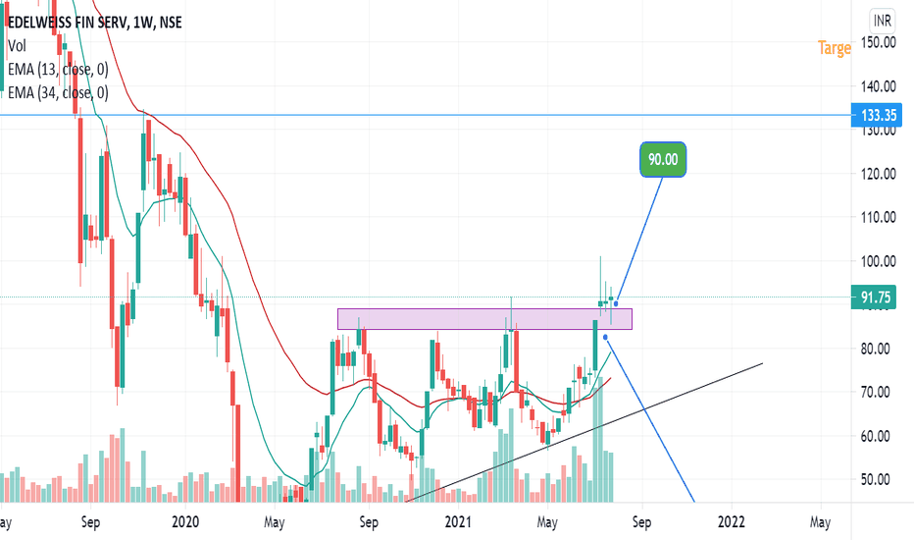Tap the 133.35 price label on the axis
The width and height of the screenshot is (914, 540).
(877, 115)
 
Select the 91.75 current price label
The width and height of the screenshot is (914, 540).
(877, 297)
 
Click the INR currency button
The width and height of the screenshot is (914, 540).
(883, 19)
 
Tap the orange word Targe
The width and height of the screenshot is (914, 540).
(835, 48)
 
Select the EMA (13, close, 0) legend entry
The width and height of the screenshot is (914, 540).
(58, 69)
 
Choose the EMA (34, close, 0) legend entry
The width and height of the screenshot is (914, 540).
(58, 93)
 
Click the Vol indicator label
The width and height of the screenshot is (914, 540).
(17, 45)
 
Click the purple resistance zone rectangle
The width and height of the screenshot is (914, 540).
(484, 319)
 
